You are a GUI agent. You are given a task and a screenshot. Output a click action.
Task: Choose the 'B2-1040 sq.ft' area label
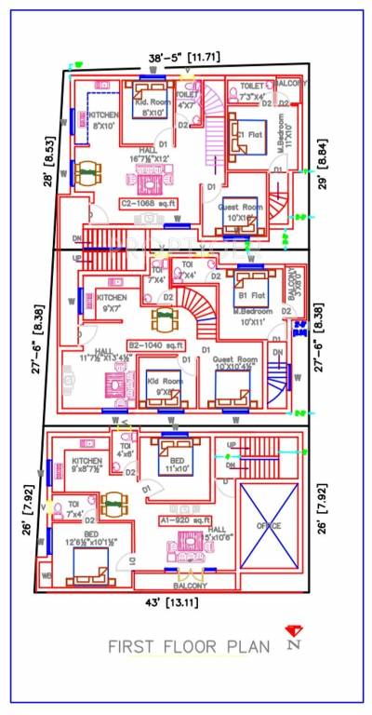coord(153,344)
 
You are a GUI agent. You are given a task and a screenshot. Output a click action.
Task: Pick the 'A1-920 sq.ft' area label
coord(187,519)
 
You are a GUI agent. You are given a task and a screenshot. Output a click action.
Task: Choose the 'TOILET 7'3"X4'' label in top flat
coord(252,91)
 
